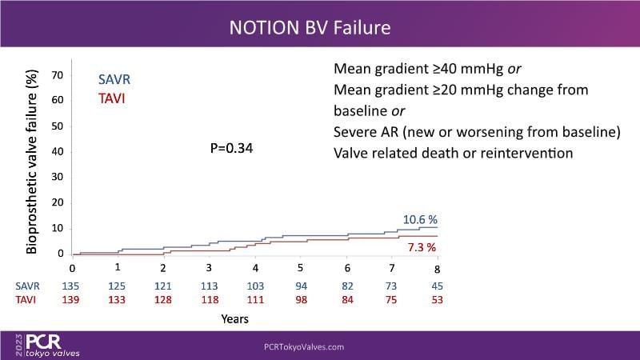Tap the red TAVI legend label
(111, 99)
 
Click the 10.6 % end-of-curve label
(420, 220)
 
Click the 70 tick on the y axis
(58, 74)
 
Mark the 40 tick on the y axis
(58, 151)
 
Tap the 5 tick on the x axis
(300, 267)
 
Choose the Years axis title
(234, 318)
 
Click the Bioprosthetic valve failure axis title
(33, 160)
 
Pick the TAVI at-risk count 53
(436, 300)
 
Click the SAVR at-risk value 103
(254, 286)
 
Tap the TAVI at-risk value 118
(209, 300)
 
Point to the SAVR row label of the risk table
(26, 286)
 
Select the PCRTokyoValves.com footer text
(304, 346)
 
